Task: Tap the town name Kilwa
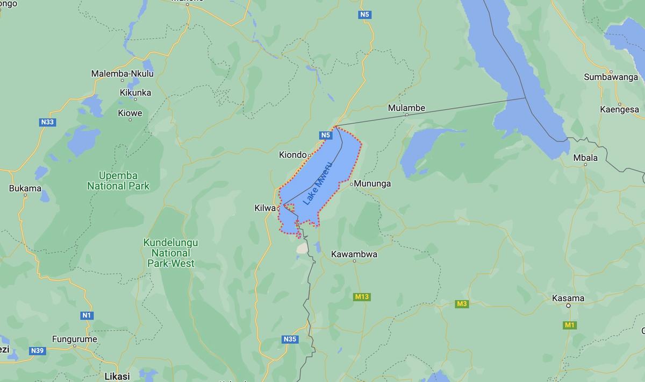[265, 208]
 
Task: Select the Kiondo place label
[292, 155]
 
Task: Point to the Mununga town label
[372, 184]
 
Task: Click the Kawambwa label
[354, 254]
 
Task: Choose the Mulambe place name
[406, 108]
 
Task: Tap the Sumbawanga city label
[611, 77]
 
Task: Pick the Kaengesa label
[619, 109]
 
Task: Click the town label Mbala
[585, 158]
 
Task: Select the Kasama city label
[568, 298]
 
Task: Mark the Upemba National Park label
[118, 181]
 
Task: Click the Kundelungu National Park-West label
[170, 253]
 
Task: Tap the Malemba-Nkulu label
[122, 73]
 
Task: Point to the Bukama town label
[25, 188]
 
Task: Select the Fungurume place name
[75, 339]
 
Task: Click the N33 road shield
[47, 122]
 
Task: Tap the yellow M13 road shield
[362, 296]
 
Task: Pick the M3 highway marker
[462, 304]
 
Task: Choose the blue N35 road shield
[289, 339]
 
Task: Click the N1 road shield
[86, 315]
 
